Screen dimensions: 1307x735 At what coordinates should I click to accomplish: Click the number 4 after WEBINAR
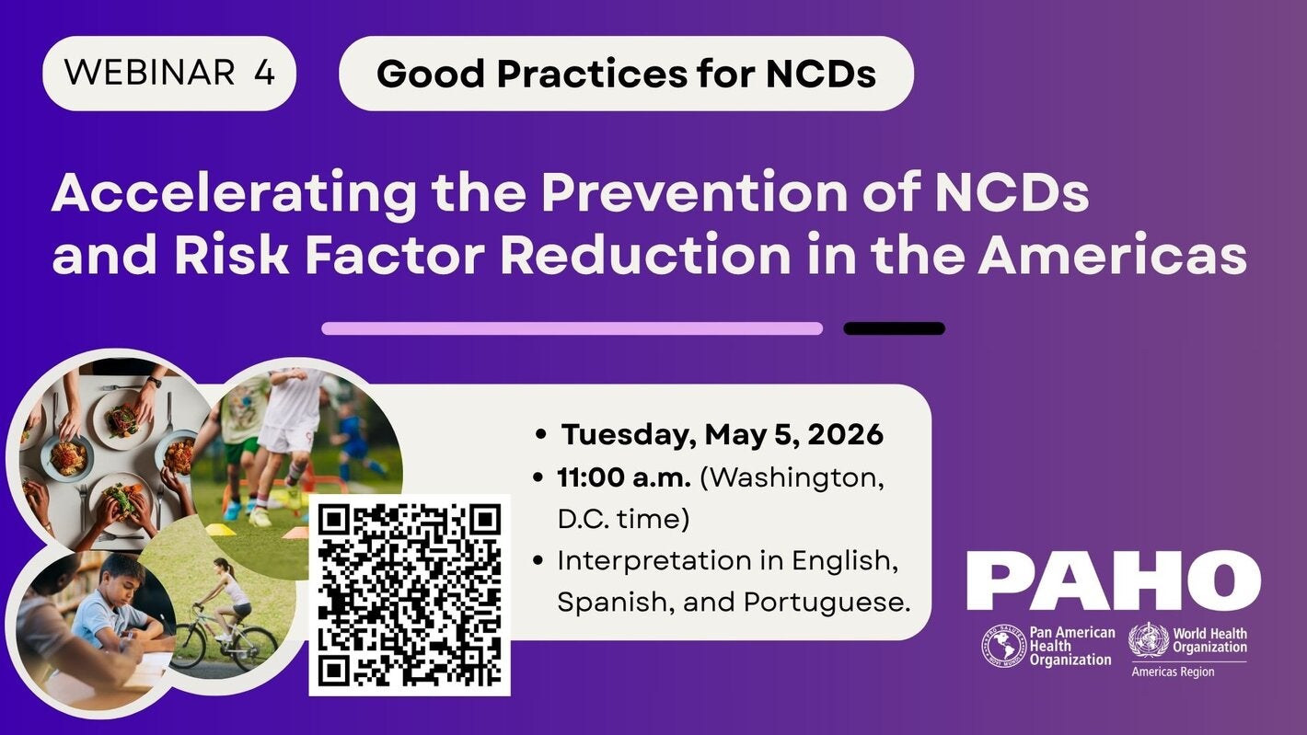(x=264, y=73)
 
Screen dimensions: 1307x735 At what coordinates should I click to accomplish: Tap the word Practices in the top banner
(x=592, y=75)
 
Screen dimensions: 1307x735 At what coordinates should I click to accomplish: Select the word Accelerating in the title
(x=234, y=195)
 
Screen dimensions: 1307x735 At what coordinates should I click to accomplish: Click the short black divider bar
(x=894, y=328)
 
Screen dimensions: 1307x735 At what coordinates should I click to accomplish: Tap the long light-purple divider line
(x=572, y=328)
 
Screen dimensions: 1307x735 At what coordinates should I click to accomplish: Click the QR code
(x=410, y=595)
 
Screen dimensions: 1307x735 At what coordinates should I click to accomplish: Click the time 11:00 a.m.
(x=624, y=477)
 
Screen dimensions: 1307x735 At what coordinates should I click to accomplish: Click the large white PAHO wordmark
(x=1114, y=580)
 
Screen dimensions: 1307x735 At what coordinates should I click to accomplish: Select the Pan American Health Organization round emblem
(x=1003, y=647)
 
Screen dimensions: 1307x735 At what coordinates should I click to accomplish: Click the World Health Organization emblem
(x=1149, y=640)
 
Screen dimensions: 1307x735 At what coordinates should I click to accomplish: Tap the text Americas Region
(x=1173, y=672)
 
